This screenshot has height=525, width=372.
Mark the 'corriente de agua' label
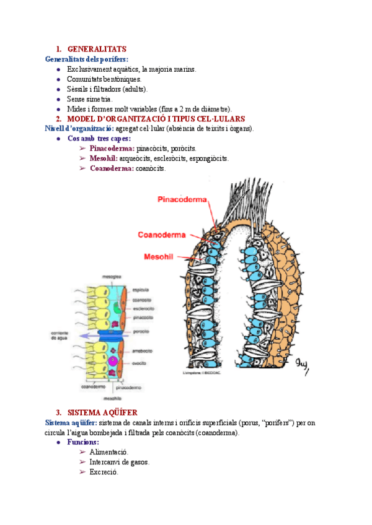(x=60, y=336)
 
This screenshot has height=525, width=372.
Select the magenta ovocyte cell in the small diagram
(x=113, y=361)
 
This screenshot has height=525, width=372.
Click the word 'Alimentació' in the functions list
(x=109, y=453)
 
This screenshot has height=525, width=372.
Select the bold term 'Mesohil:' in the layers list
(x=104, y=158)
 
